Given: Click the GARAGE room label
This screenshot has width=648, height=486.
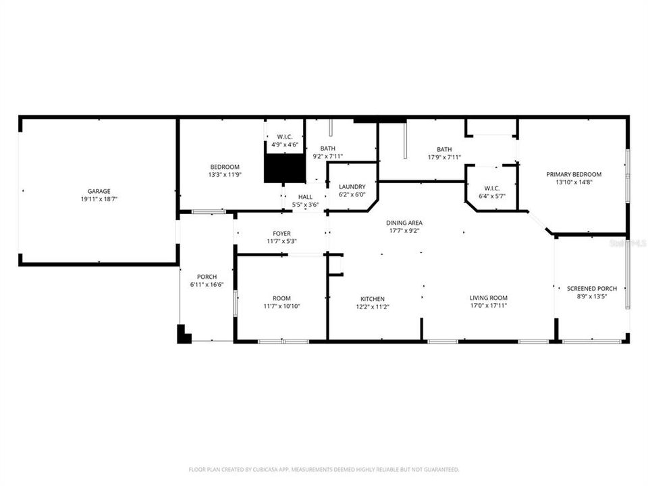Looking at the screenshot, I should coord(99,191).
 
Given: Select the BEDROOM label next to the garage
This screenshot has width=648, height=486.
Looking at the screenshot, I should coord(225,167).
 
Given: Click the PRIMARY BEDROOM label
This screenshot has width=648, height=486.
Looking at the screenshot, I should coord(574,174).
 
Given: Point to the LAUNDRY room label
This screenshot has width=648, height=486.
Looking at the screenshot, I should coord(352,187).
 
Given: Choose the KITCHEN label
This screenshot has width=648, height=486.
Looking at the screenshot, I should coord(372,298).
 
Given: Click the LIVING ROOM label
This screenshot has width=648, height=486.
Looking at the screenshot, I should coord(489,298).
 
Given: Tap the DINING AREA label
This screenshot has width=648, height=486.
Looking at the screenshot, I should coord(404,223).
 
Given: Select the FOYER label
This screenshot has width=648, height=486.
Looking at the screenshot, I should coord(281,234).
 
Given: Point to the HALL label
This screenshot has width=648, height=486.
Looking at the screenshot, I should coord(305,197).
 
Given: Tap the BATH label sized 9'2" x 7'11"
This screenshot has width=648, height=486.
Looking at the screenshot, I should coord(328,148).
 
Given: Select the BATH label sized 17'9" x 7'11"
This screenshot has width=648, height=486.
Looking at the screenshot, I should coord(444,150).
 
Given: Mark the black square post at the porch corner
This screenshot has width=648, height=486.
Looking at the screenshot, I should coord(184,335).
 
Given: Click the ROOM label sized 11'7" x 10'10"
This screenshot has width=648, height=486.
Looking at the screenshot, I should coord(281,298).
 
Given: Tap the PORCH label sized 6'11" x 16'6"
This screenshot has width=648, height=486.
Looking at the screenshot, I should coord(207,277).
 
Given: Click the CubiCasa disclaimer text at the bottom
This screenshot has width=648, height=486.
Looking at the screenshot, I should coord(324,469).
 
